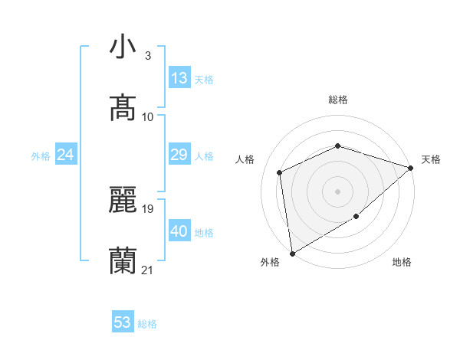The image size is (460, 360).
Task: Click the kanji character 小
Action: point(123,47)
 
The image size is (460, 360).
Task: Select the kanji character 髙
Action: point(123,108)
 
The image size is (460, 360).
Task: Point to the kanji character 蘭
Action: point(123,261)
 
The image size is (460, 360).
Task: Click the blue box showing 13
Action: point(179,78)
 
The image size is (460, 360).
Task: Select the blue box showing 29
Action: point(179,155)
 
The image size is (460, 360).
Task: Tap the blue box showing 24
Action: point(66,155)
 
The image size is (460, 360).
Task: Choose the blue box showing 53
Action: point(123,322)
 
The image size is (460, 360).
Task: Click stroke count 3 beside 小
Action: point(148,56)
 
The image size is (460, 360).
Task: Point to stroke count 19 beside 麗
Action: point(148,208)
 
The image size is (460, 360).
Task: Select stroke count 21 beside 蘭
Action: point(148,270)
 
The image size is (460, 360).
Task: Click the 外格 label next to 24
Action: point(41,156)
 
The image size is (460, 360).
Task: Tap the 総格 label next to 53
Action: point(147,324)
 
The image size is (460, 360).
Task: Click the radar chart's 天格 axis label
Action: point(431,159)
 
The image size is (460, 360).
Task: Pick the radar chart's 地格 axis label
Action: point(402,263)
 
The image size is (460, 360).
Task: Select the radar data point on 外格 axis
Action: point(292,253)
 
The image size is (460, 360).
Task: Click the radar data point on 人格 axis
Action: point(280,172)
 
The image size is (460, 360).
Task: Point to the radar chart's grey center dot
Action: point(337,191)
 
